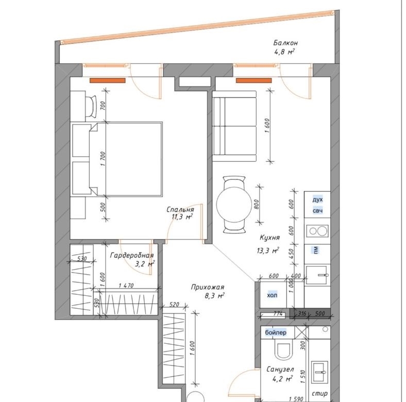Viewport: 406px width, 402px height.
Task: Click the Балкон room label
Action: point(285,43)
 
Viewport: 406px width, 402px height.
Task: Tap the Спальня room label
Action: point(180,209)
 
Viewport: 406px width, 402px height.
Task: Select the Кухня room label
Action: point(269,238)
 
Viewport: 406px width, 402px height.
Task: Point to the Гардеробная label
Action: point(132,256)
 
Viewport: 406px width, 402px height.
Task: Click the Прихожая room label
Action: point(208,287)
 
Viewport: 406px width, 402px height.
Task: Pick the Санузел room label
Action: point(280,369)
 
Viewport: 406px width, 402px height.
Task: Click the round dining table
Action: point(234,204)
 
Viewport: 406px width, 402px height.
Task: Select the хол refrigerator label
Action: point(272,295)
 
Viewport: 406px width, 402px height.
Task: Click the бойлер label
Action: point(276,332)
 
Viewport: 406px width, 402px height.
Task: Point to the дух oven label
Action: point(318,199)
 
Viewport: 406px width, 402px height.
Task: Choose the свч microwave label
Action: point(318,211)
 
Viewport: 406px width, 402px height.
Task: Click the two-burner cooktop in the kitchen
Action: point(318,231)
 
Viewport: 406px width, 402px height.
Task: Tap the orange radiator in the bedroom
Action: point(108,80)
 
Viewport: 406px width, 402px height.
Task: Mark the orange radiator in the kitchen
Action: point(253,80)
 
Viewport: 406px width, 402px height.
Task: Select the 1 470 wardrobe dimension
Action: point(126,286)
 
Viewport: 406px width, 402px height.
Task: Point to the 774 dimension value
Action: point(278,314)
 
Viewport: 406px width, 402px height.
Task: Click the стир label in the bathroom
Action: point(319,393)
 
